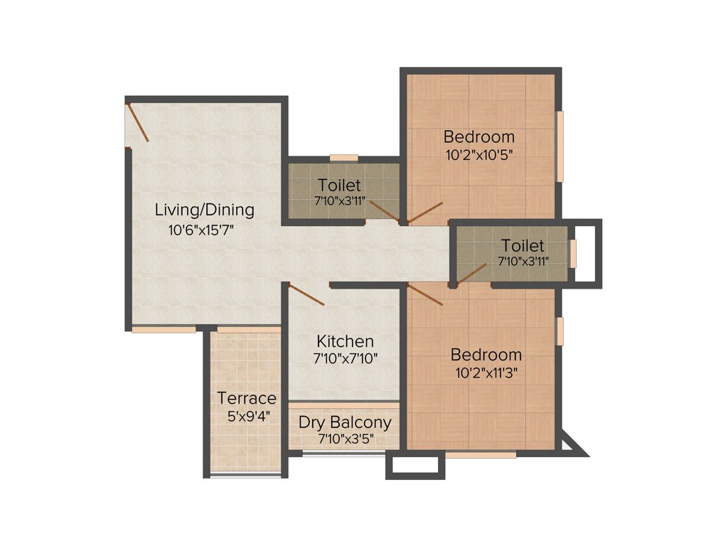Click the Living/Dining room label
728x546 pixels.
click(x=205, y=210)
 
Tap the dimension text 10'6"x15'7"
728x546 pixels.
click(x=201, y=230)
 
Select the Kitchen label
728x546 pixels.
click(x=345, y=341)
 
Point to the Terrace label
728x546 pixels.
click(x=247, y=397)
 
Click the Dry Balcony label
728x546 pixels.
click(x=345, y=422)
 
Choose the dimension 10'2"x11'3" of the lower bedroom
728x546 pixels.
click(x=486, y=372)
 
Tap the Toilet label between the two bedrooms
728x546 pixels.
click(x=523, y=246)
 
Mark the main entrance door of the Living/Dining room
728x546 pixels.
click(x=138, y=122)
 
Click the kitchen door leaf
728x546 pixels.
click(x=306, y=294)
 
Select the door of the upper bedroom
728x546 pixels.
click(x=425, y=213)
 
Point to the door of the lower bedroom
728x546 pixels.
click(x=426, y=294)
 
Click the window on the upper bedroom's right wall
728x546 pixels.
click(x=560, y=146)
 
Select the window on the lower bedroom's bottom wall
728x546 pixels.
click(x=481, y=454)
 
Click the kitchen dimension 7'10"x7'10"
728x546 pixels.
click(x=345, y=358)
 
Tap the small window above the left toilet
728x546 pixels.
click(x=344, y=157)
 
